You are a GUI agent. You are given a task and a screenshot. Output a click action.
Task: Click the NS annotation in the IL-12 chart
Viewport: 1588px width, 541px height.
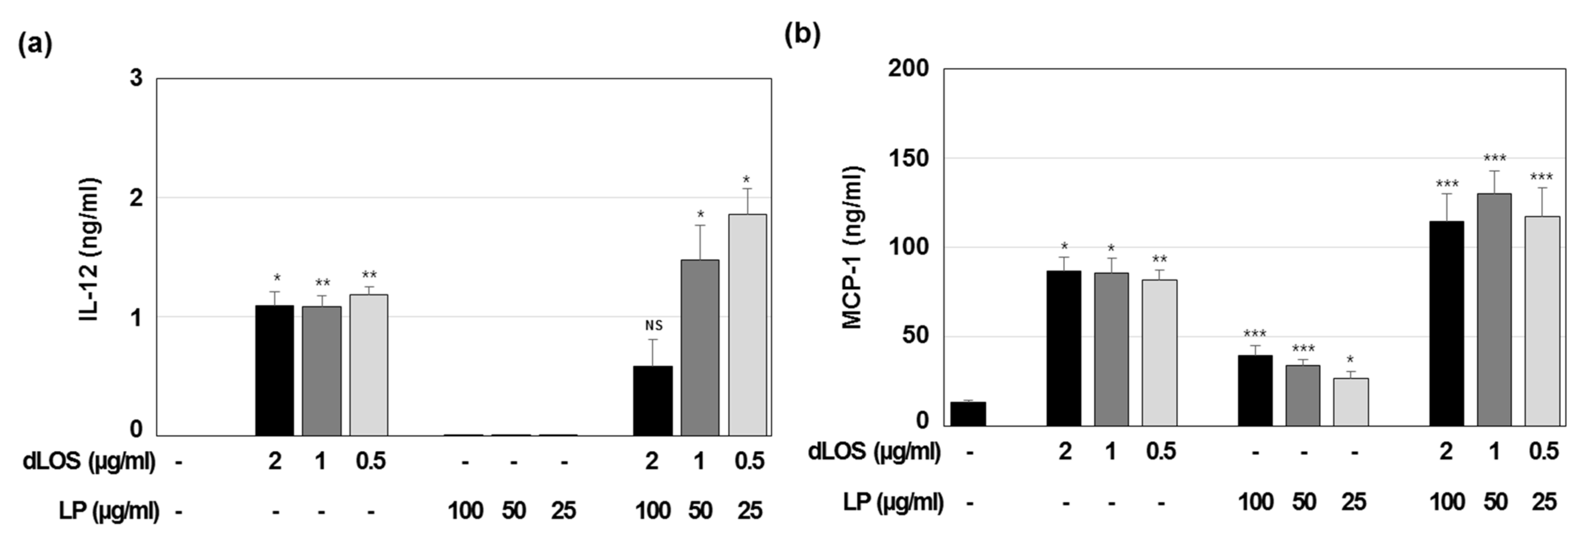(653, 325)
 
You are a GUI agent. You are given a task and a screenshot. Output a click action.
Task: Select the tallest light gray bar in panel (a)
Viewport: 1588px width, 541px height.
(747, 325)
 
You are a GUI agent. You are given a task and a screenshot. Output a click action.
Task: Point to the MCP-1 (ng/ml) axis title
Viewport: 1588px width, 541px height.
(853, 247)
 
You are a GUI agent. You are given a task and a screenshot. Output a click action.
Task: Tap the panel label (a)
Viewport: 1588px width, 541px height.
(35, 45)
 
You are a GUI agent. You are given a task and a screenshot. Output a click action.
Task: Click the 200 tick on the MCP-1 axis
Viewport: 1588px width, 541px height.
(908, 68)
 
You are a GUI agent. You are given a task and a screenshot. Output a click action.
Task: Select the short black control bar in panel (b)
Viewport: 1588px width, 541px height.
(968, 414)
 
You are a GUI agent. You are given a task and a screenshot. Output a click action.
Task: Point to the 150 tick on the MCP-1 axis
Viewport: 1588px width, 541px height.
(908, 158)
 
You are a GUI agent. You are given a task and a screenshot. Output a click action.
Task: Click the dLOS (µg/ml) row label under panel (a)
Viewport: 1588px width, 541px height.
(89, 461)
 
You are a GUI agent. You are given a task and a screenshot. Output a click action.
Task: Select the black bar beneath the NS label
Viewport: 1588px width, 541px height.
(653, 401)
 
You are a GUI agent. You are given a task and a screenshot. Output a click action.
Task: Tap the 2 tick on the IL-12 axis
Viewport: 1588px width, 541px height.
(136, 198)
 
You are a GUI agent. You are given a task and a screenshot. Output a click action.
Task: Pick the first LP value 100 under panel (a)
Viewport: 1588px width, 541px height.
(465, 511)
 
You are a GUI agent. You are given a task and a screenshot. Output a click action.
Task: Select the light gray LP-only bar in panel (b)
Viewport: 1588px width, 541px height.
(1351, 402)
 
